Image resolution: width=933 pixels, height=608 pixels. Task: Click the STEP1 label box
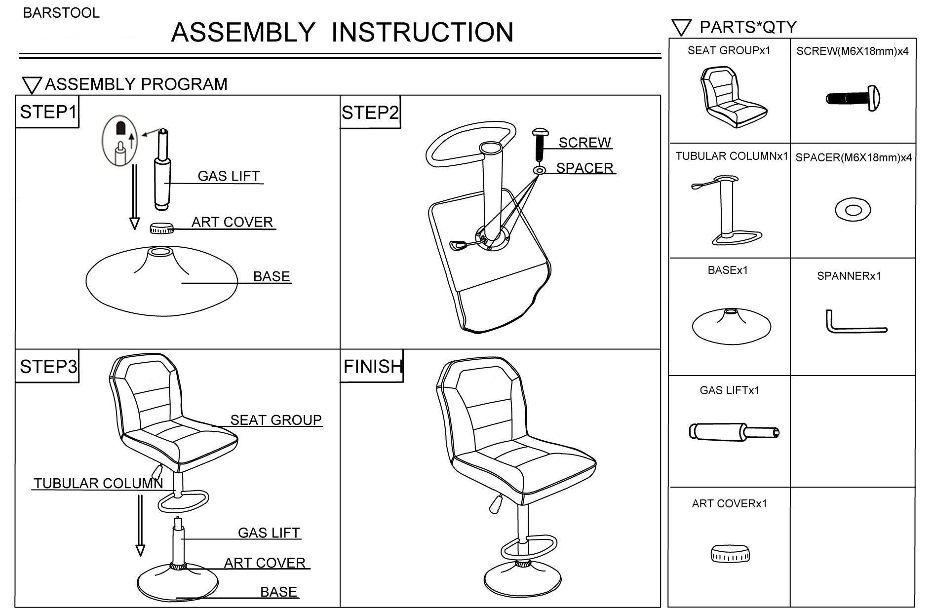tap(47, 113)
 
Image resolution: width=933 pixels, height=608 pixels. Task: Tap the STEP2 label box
tap(370, 113)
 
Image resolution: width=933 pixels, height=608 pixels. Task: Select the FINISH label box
tap(372, 367)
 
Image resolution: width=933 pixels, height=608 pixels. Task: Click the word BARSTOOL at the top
tap(61, 13)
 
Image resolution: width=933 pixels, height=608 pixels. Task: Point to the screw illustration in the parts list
tap(853, 98)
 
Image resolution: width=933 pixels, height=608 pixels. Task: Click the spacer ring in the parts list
tap(853, 210)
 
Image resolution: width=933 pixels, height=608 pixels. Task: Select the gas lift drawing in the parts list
tap(734, 432)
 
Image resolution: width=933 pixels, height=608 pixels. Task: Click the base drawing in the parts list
tap(731, 325)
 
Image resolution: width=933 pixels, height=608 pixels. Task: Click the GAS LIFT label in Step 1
tap(229, 176)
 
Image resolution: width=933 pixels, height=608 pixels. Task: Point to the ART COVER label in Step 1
tap(232, 222)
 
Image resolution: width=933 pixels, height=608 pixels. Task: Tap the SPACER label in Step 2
tap(584, 168)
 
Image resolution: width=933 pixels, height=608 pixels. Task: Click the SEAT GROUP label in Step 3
tap(276, 420)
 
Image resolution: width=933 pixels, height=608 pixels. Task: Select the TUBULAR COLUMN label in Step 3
tap(98, 483)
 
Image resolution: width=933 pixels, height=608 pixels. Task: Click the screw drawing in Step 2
tap(540, 144)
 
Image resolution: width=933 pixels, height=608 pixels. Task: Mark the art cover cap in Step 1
tap(162, 228)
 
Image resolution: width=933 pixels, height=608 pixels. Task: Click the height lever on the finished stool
tap(495, 503)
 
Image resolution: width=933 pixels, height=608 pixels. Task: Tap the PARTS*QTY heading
tap(747, 27)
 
